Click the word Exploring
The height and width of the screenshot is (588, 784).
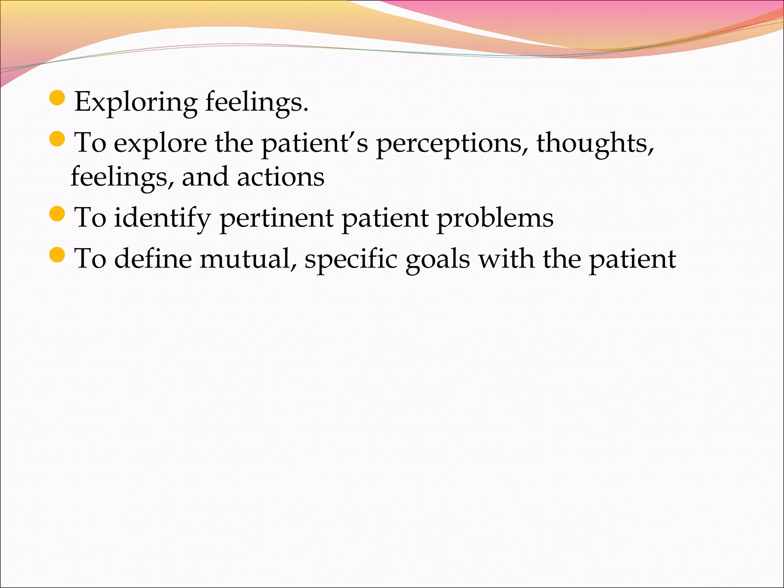click(x=136, y=103)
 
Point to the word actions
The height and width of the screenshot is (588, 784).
click(x=281, y=177)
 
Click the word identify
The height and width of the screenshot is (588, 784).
click(x=162, y=218)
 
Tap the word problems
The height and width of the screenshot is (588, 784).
click(x=495, y=218)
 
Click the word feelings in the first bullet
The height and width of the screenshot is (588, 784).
click(x=256, y=103)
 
